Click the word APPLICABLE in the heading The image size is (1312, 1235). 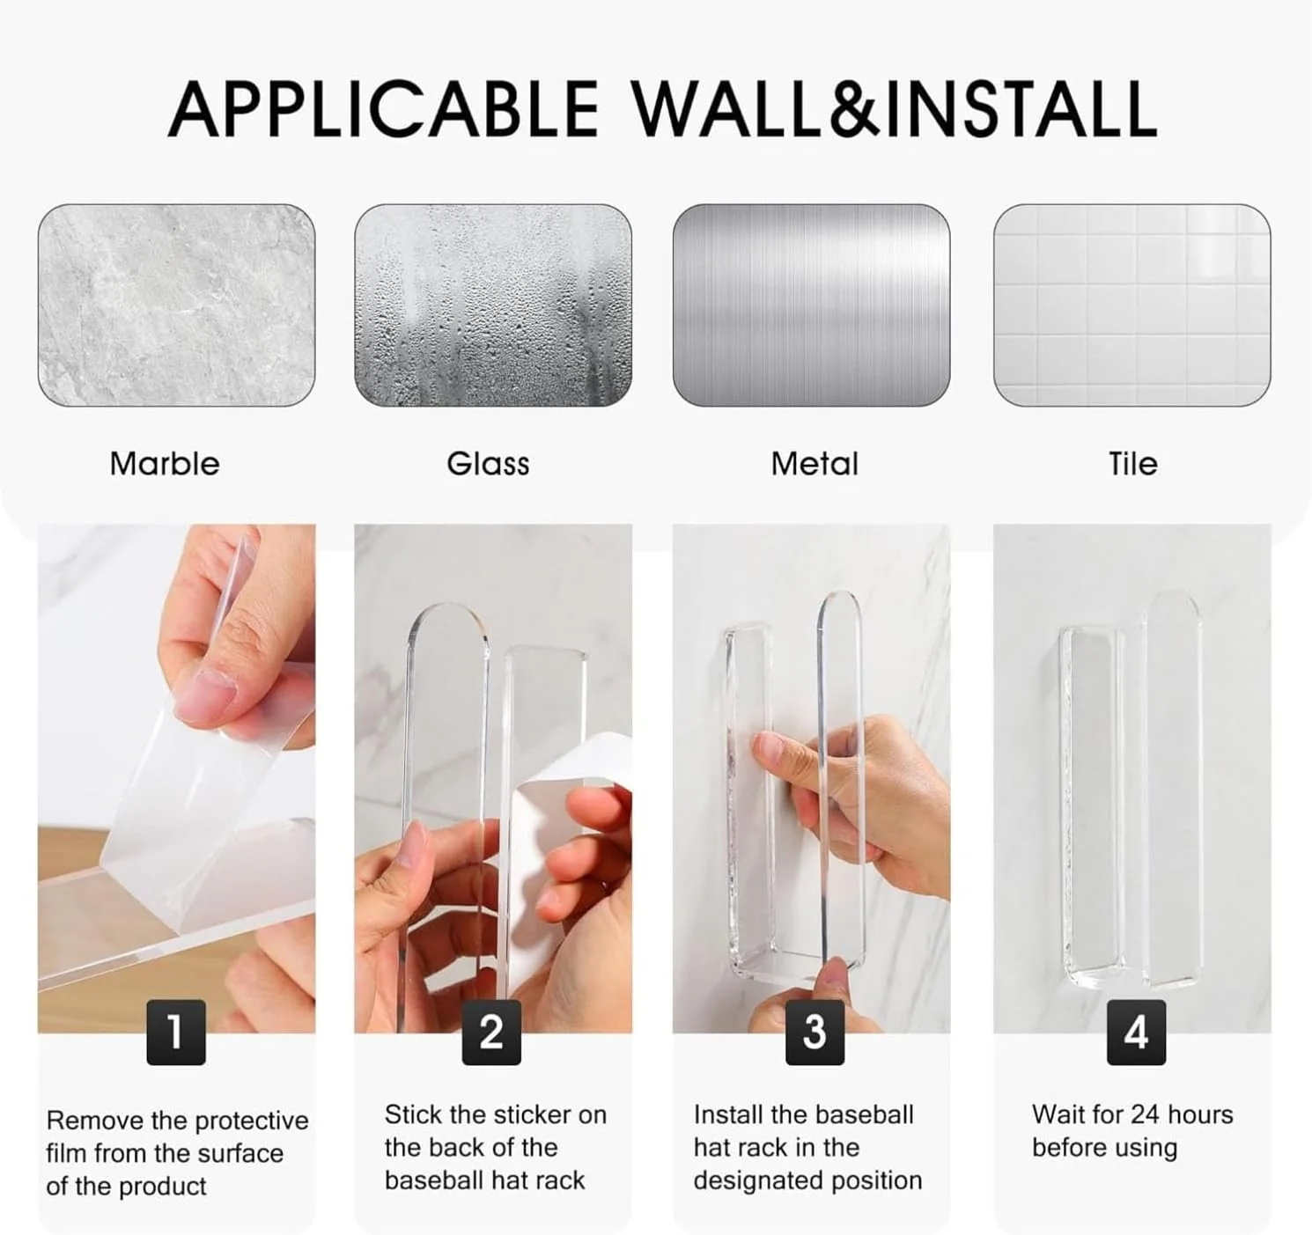pos(383,109)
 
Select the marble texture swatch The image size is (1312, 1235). pos(176,305)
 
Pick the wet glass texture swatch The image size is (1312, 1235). pos(493,305)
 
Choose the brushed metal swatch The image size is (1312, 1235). pos(811,305)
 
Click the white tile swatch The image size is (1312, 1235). pos(1131,305)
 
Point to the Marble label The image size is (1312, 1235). pos(165,464)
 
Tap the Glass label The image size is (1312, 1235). pos(488,464)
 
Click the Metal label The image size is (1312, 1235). pos(814,464)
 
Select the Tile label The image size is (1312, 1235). pos(1132,464)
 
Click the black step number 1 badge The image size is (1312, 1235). pos(176,1032)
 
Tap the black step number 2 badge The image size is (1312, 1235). pos(491,1032)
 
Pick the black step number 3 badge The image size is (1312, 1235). pos(814,1032)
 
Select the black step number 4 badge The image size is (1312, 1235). pos(1136,1032)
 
